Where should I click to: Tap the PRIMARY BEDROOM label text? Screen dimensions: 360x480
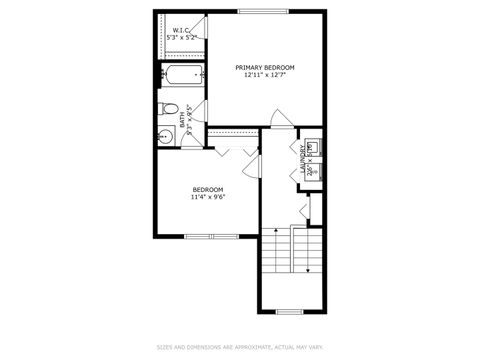click(265, 67)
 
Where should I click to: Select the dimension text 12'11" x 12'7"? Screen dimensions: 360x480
click(265, 76)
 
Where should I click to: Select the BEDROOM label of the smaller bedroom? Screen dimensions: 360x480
click(207, 189)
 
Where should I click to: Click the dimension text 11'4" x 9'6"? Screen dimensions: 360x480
click(207, 197)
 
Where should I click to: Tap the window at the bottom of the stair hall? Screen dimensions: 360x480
click(289, 311)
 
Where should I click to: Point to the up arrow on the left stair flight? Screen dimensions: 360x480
click(276, 250)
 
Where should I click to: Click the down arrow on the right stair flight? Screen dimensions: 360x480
click(304, 250)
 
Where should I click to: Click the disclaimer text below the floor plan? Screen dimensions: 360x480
click(240, 348)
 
